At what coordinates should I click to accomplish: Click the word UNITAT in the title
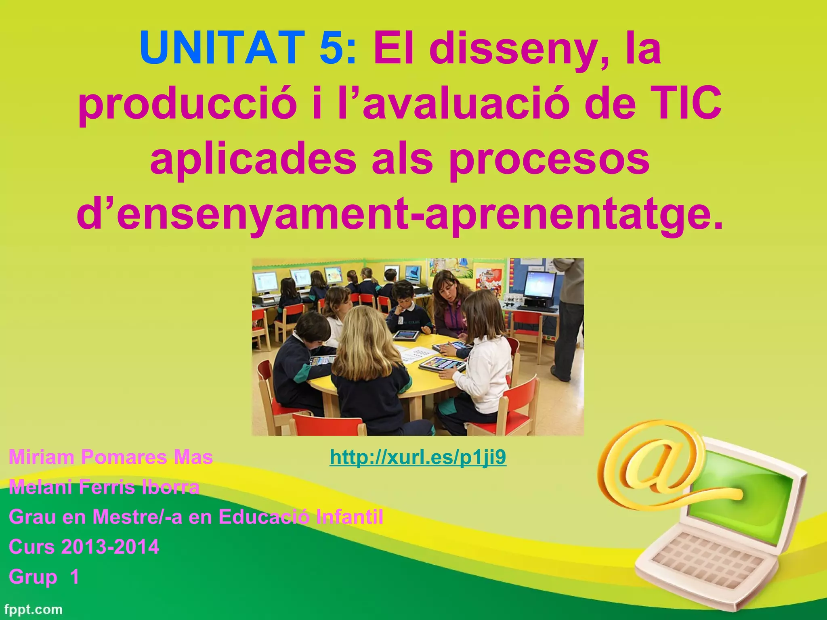pos(222,48)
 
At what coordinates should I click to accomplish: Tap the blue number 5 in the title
pos(331,48)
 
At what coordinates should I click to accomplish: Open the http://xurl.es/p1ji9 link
pos(418,457)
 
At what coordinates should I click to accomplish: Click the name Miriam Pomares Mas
pos(111,457)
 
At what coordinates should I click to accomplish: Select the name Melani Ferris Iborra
pos(104,487)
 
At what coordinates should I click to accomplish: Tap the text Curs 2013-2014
pos(84,547)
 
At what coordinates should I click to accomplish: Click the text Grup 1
pos(44,577)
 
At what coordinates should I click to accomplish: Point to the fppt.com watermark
pos(34,609)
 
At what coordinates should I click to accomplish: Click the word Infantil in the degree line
pos(349,517)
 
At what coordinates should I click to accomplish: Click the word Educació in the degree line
pos(264,517)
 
